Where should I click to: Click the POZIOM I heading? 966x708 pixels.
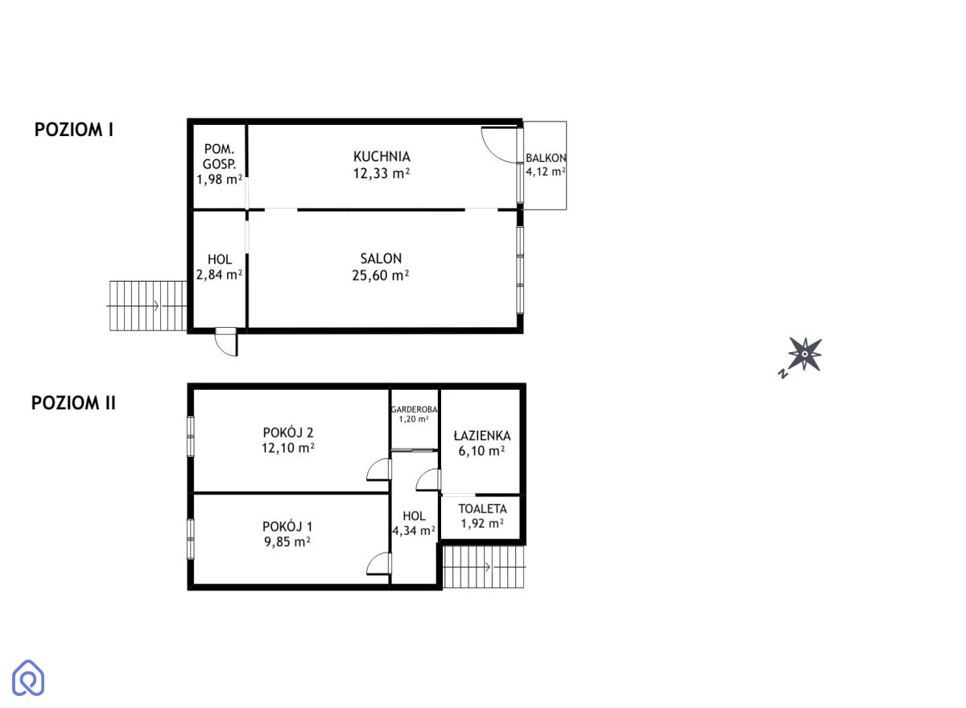click(x=74, y=130)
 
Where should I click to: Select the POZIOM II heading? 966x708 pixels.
click(x=73, y=403)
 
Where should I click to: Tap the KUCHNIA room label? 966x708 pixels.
click(x=382, y=156)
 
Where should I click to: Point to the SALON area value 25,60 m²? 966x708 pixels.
click(x=380, y=275)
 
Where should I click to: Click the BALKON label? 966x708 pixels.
click(x=546, y=158)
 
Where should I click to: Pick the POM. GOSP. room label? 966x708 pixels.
click(x=219, y=156)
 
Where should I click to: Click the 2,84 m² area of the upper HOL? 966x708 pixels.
click(x=219, y=275)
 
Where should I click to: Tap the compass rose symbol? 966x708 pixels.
click(x=805, y=354)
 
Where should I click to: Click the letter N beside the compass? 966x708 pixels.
click(x=783, y=374)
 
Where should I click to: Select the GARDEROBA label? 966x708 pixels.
click(x=414, y=409)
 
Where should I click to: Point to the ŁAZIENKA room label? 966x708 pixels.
click(x=482, y=436)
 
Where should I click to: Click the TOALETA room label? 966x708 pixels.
click(x=482, y=509)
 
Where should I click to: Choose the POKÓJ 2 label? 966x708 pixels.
click(x=288, y=433)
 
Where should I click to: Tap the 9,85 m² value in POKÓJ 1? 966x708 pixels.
click(x=287, y=542)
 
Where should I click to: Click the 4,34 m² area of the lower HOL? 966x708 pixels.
click(x=414, y=531)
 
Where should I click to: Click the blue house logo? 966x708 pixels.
click(x=28, y=678)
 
